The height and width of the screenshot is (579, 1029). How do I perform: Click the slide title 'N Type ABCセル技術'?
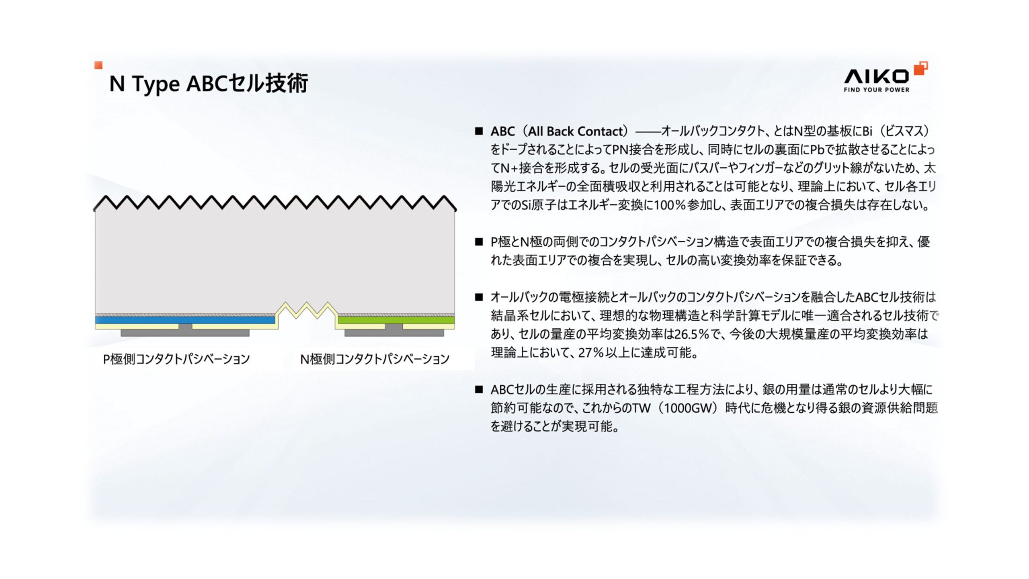[209, 84]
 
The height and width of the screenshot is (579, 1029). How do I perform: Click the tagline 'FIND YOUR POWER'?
[876, 90]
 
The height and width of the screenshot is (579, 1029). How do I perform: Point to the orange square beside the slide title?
[98, 65]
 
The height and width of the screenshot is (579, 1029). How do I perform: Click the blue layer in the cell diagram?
[185, 320]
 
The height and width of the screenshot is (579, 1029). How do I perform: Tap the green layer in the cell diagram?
[396, 320]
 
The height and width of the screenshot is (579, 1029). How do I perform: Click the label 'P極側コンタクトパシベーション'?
[176, 359]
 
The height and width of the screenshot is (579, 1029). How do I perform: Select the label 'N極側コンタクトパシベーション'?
[375, 359]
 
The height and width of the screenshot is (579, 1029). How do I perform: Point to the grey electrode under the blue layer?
[185, 332]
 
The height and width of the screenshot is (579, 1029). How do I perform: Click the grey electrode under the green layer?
[394, 332]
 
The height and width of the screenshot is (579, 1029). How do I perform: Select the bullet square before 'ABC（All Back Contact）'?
[478, 131]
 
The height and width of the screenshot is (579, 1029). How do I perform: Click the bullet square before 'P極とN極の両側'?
[478, 242]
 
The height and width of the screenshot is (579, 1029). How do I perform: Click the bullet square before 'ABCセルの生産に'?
[478, 389]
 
